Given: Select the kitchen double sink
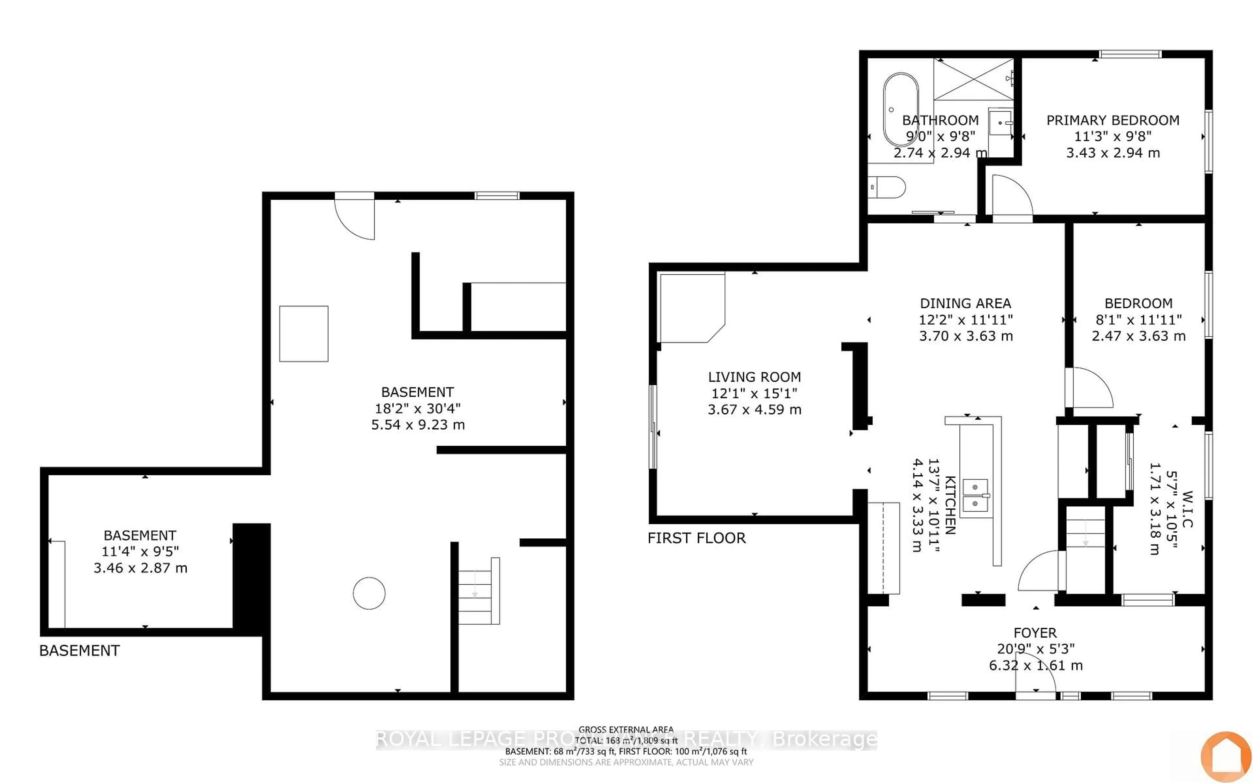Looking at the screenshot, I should point(975,495).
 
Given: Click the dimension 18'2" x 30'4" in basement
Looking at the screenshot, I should point(417,408).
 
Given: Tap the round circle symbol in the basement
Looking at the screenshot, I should point(369,593).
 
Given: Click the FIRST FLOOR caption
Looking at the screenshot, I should point(696,538).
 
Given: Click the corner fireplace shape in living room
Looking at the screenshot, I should point(690,308).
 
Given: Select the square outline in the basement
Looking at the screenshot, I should point(303,333).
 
